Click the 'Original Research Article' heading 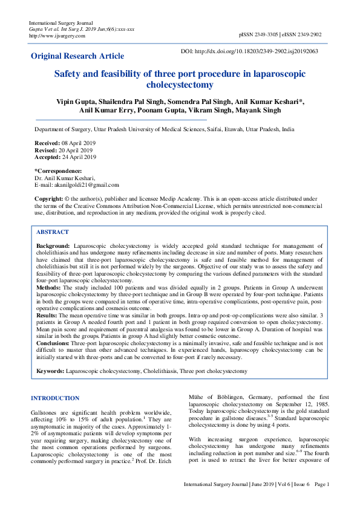click(x=77, y=56)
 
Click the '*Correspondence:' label click(x=58, y=171)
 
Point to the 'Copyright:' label click(x=49, y=198)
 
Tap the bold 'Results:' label click(x=47, y=316)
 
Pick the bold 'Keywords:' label click(x=50, y=370)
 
